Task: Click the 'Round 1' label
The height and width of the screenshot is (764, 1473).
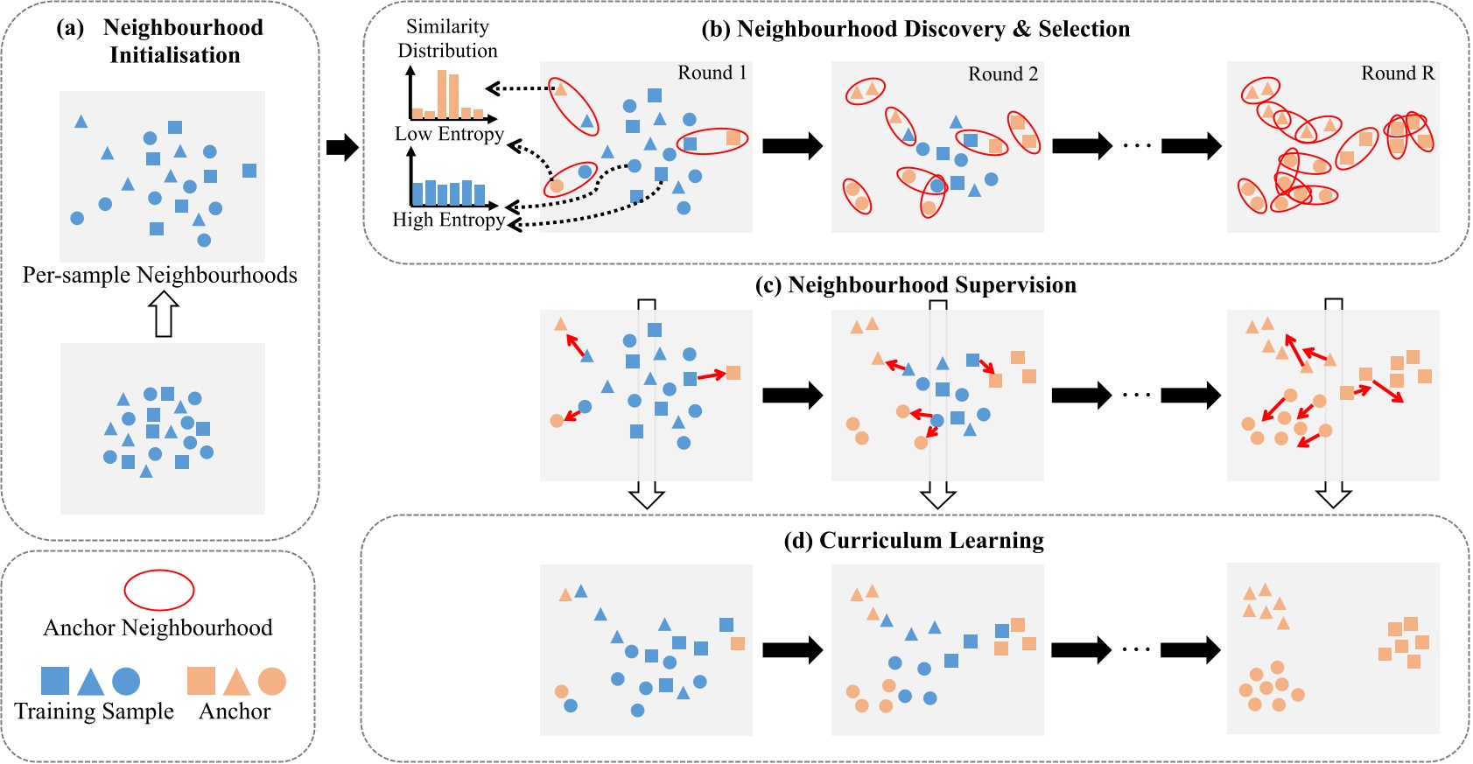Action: pyautogui.click(x=712, y=73)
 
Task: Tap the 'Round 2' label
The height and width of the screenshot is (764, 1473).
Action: pyautogui.click(x=1002, y=74)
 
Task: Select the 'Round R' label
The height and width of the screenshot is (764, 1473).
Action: pyautogui.click(x=1397, y=74)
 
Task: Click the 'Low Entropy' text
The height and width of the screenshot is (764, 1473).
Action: pyautogui.click(x=449, y=134)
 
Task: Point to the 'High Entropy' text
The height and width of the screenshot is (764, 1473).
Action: pyautogui.click(x=448, y=220)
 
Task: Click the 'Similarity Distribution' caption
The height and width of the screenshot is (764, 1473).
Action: pyautogui.click(x=447, y=39)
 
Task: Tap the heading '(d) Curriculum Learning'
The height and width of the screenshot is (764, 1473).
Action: pyautogui.click(x=914, y=540)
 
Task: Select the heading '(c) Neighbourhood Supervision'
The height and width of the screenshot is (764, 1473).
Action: pyautogui.click(x=915, y=285)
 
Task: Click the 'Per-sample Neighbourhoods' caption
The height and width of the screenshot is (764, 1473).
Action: pyautogui.click(x=159, y=275)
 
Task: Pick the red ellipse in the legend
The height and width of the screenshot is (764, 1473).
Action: pyautogui.click(x=158, y=590)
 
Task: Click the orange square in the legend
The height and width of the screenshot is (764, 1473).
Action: pyautogui.click(x=201, y=681)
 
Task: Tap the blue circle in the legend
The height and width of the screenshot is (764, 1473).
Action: pyautogui.click(x=126, y=681)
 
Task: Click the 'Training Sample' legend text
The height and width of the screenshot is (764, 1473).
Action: pyautogui.click(x=94, y=711)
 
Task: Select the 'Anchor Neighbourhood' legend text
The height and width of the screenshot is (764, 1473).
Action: pyautogui.click(x=158, y=627)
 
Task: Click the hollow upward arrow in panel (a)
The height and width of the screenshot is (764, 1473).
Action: pyautogui.click(x=164, y=314)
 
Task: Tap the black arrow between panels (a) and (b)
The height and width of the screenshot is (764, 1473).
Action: pyautogui.click(x=342, y=147)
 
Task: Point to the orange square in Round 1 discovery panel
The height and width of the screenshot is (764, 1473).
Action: pyautogui.click(x=733, y=137)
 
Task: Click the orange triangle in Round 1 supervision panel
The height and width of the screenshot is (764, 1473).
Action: pyautogui.click(x=561, y=325)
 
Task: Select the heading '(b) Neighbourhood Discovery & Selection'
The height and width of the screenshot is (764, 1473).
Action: pyautogui.click(x=915, y=29)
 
